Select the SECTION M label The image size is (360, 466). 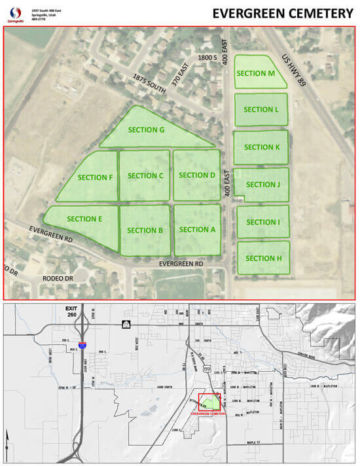(x=255, y=73)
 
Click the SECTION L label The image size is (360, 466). (x=261, y=109)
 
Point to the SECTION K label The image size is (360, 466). (x=262, y=147)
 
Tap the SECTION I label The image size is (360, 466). (x=262, y=222)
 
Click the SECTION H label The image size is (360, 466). (x=264, y=258)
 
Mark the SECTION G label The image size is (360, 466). (x=145, y=130)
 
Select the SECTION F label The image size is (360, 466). (x=95, y=177)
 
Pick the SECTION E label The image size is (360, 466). (x=84, y=219)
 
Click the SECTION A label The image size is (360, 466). (x=197, y=229)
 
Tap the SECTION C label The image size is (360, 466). (x=145, y=175)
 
